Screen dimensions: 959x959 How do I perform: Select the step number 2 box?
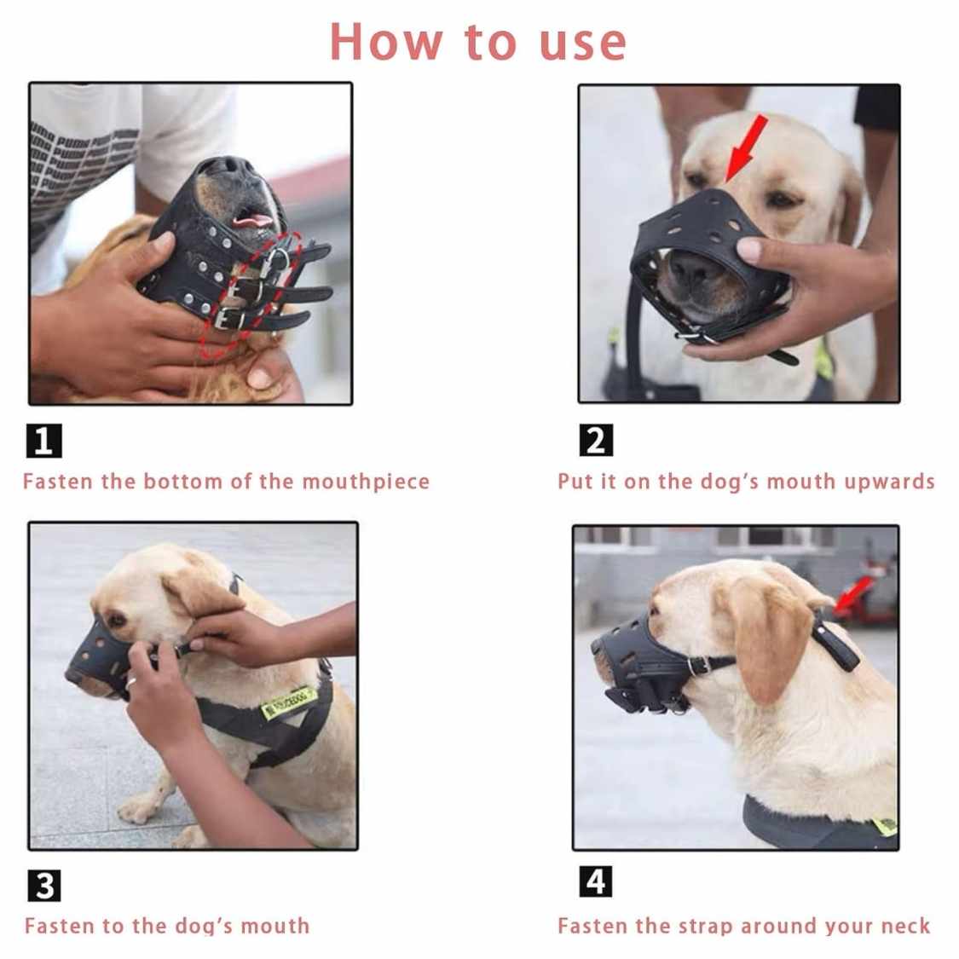pos(596,441)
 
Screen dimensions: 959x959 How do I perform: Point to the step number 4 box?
pos(596,881)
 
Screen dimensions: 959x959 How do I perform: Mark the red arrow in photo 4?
pos(854,593)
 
